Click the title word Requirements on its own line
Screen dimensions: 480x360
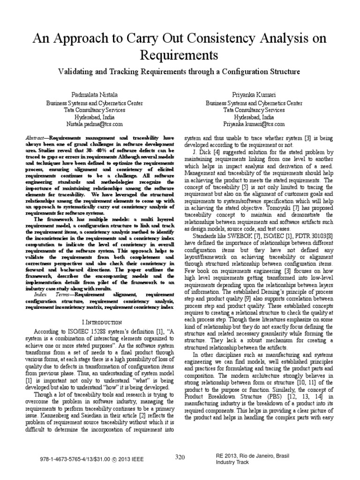point(179,56)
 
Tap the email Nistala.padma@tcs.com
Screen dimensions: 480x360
point(94,124)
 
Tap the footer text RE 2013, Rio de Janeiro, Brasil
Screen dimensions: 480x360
point(249,455)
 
